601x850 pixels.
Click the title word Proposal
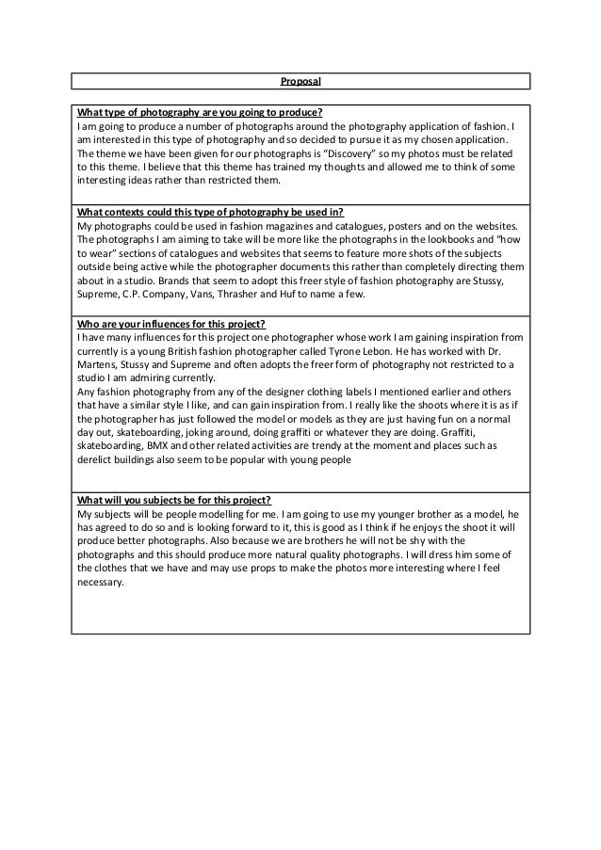[x=300, y=81]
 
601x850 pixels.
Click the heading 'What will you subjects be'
[x=176, y=499]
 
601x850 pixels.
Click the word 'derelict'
[x=98, y=461]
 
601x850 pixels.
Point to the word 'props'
[x=272, y=568]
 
